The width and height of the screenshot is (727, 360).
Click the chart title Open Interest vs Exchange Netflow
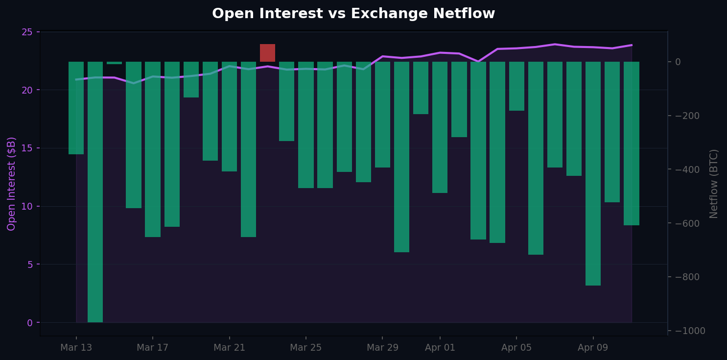tap(353, 14)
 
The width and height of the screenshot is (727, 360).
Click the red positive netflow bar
tap(267, 53)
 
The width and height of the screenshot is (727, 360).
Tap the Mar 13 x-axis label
tap(76, 348)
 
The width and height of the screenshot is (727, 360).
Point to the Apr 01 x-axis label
tap(440, 348)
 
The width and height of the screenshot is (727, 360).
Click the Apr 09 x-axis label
tap(593, 348)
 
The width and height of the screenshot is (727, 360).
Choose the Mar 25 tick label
tap(305, 348)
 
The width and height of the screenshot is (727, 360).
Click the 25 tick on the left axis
tap(27, 32)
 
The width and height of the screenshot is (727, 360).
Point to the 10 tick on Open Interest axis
tap(27, 206)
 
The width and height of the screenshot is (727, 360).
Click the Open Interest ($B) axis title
tap(12, 184)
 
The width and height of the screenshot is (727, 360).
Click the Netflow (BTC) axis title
tap(714, 184)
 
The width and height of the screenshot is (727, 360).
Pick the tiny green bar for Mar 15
tap(114, 63)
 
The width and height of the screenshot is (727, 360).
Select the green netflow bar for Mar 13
tap(76, 108)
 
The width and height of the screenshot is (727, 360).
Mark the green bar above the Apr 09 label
tap(593, 173)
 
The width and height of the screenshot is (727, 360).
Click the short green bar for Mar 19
tap(191, 79)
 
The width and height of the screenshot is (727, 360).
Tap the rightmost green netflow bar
tap(631, 144)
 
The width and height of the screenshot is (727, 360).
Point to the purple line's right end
tap(631, 45)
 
